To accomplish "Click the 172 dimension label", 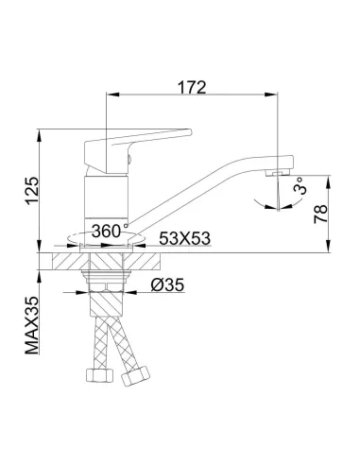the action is point(192,87).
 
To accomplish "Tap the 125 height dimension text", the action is point(32,191).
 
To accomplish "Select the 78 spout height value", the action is point(321,214).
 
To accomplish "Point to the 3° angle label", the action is point(300,186).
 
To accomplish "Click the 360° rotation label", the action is point(107,232).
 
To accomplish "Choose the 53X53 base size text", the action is point(184,238).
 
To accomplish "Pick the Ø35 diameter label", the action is point(167,285).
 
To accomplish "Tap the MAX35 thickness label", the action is point(32,325).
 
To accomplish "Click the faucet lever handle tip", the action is point(190,132).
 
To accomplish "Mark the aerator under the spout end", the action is point(278,173).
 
